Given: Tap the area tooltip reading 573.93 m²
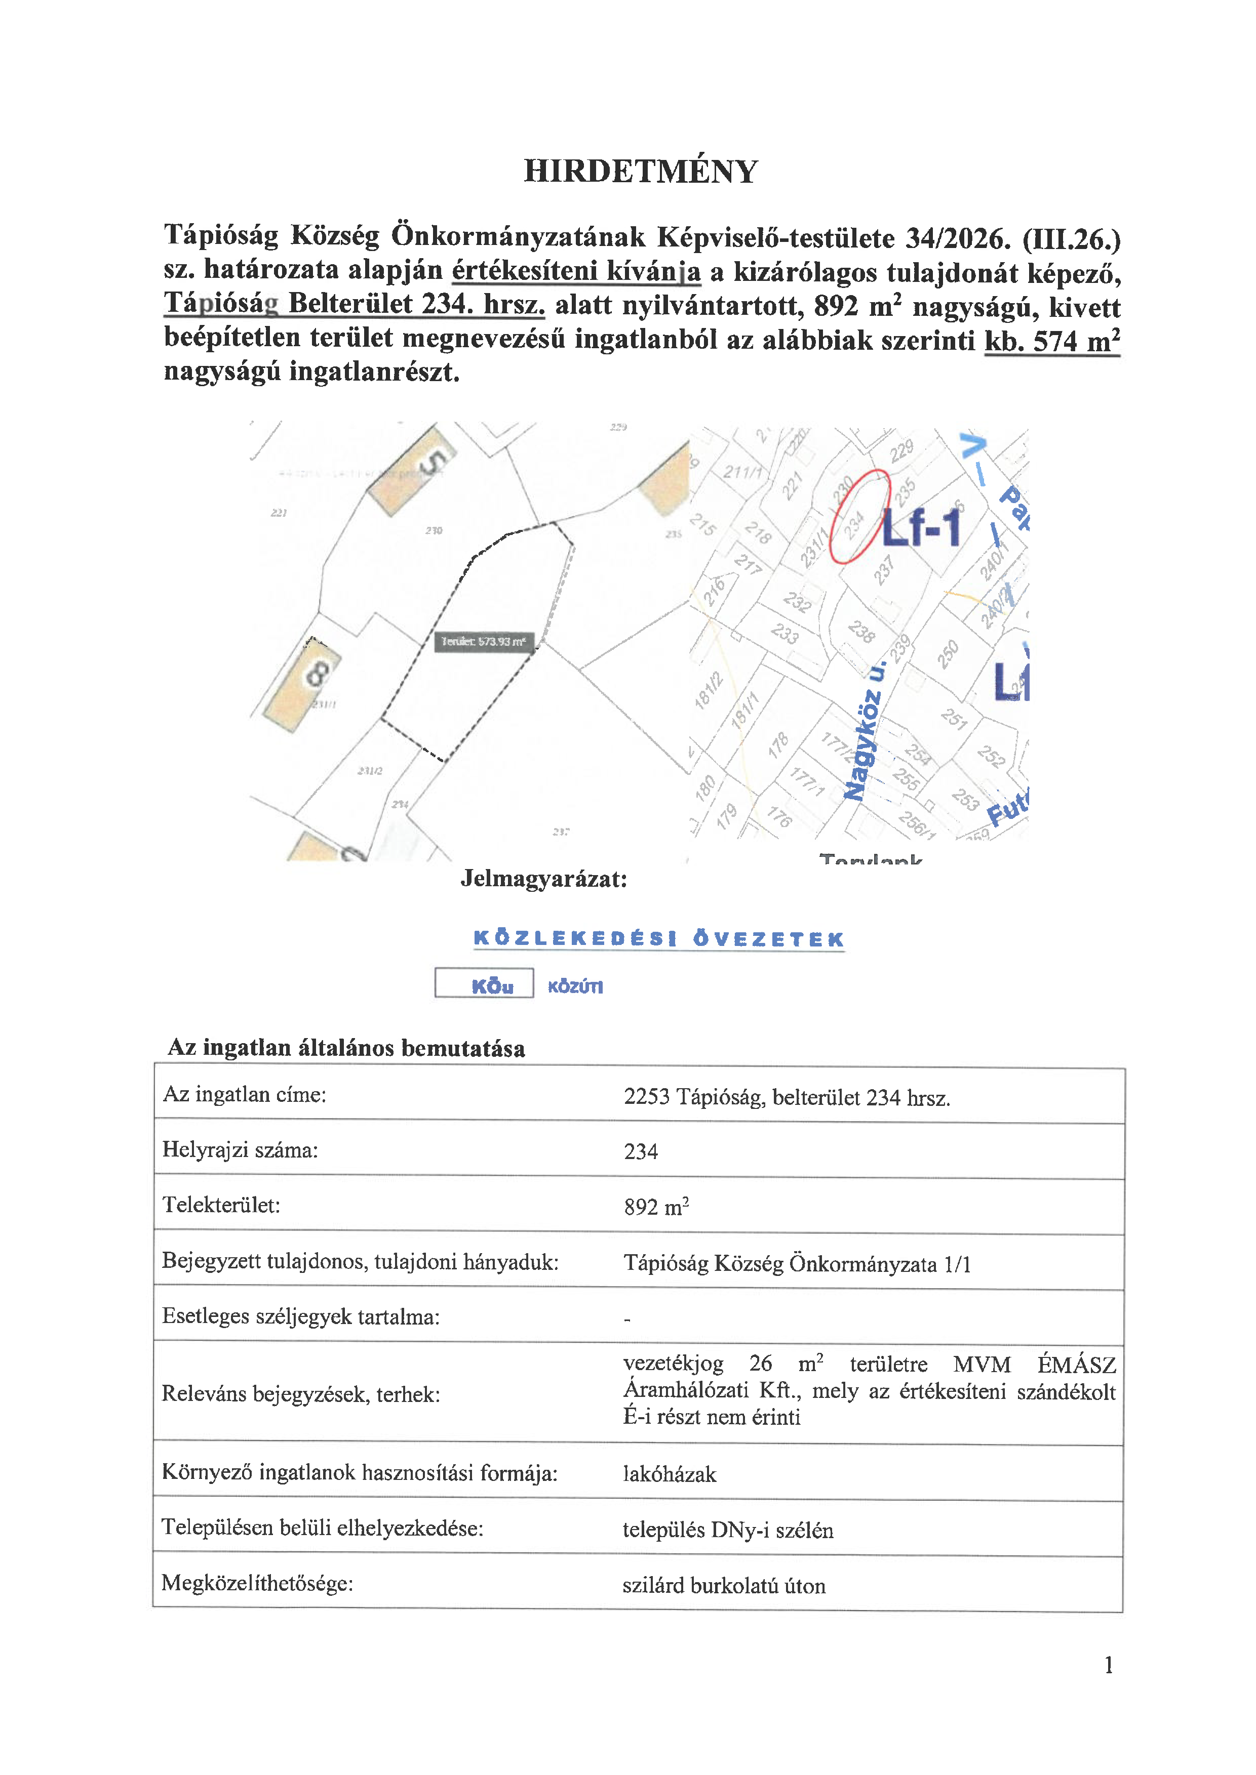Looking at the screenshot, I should [483, 642].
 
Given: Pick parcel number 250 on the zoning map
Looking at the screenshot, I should [948, 653].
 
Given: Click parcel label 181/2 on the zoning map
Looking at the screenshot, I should [708, 690].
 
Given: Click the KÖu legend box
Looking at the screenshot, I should [484, 983].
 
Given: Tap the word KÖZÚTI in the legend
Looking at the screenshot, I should [575, 986].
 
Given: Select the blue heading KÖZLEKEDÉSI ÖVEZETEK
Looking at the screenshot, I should [658, 939].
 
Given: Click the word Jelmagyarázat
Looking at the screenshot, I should [544, 879].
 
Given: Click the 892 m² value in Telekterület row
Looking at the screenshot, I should [656, 1206].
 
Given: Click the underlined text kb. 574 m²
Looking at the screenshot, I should [1052, 341].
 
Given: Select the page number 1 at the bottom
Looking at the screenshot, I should [1108, 1665].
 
